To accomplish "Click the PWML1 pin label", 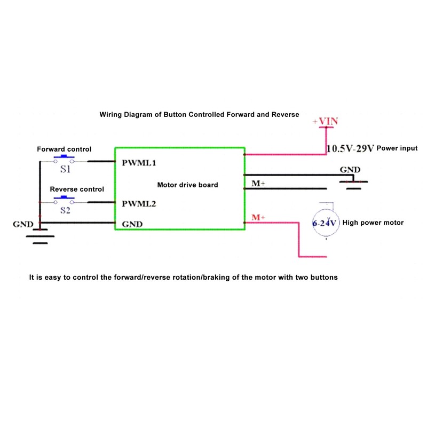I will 139,162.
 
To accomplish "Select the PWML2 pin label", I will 139,204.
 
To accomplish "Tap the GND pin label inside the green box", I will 132,224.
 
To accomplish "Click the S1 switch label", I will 65,170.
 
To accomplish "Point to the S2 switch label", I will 65,211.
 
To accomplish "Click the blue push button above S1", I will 66,157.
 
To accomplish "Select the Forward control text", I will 64,149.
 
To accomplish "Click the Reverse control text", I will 77,189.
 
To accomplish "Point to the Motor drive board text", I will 187,185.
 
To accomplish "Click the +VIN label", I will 326,122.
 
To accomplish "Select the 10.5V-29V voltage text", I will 350,149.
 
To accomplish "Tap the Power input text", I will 397,148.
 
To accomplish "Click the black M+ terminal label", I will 259,184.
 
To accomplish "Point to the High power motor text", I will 373,223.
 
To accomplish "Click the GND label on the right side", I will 350,170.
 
